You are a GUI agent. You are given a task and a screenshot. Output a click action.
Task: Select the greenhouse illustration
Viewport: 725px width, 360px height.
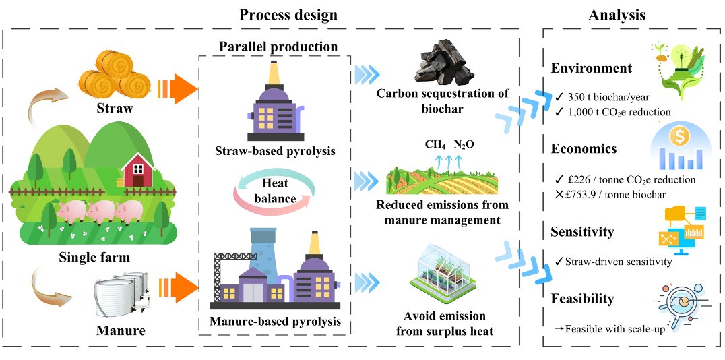445,274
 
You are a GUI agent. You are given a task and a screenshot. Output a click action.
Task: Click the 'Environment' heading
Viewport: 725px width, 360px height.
591,68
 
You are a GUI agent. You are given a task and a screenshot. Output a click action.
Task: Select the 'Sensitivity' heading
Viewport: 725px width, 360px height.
582,232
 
